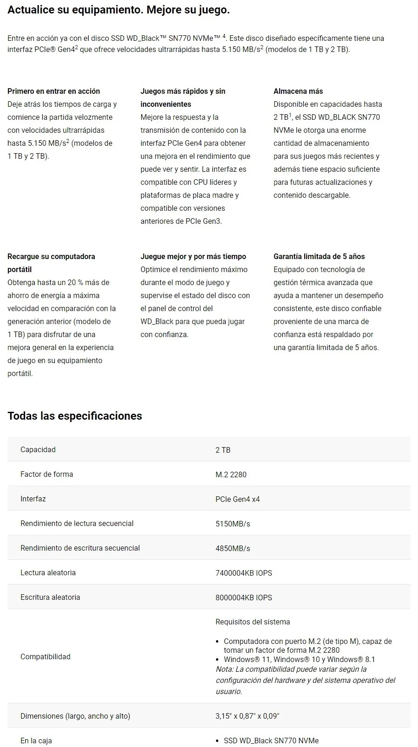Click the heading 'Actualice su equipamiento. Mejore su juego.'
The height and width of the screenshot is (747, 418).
118,10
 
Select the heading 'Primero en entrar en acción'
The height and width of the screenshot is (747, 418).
53,91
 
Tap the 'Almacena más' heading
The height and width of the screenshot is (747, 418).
298,91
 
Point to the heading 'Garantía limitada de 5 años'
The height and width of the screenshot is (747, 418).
319,256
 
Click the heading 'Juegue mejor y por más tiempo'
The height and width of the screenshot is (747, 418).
193,256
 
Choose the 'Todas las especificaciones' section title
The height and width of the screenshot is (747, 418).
75,416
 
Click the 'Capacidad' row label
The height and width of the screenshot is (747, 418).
38,449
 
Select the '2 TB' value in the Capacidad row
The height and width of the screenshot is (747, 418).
223,450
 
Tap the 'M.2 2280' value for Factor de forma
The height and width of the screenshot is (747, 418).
231,474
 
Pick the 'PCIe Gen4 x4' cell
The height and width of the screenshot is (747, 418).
237,499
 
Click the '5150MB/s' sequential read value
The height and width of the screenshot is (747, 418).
233,524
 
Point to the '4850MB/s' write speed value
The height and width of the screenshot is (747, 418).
233,548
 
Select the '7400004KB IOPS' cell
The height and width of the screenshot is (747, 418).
243,573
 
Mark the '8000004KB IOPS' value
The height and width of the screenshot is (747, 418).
243,598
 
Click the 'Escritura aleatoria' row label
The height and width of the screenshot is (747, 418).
50,597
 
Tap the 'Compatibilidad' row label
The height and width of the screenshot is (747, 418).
46,656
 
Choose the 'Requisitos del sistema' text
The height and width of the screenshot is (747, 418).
252,622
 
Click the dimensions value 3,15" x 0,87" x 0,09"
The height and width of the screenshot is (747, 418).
247,716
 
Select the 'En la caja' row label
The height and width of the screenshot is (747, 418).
36,741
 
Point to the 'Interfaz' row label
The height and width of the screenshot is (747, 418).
33,499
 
